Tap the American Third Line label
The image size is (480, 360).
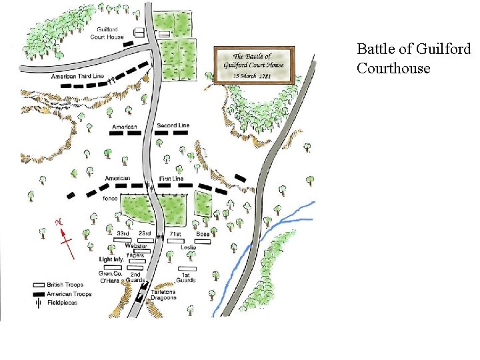(x=77, y=77)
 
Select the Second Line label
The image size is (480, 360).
(x=173, y=125)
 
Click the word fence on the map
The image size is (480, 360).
(x=111, y=199)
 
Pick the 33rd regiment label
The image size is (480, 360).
(x=123, y=234)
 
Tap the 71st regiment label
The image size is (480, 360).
(x=176, y=234)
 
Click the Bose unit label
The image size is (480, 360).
(x=203, y=234)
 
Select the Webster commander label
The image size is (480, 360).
(x=135, y=246)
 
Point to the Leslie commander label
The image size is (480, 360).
(x=188, y=247)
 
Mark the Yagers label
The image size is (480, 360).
(x=135, y=255)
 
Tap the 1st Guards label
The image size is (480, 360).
(x=187, y=277)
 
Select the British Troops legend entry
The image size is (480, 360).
(x=63, y=285)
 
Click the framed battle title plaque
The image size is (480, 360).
(x=254, y=65)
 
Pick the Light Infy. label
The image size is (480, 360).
(x=112, y=259)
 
